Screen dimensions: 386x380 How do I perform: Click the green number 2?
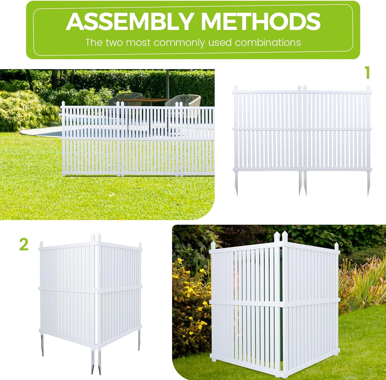point(24,244)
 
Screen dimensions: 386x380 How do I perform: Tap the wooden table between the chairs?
point(145,100)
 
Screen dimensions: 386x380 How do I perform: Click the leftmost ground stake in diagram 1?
point(236,183)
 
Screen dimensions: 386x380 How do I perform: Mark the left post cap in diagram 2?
point(41,244)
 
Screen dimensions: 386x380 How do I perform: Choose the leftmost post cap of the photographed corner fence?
point(213,246)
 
